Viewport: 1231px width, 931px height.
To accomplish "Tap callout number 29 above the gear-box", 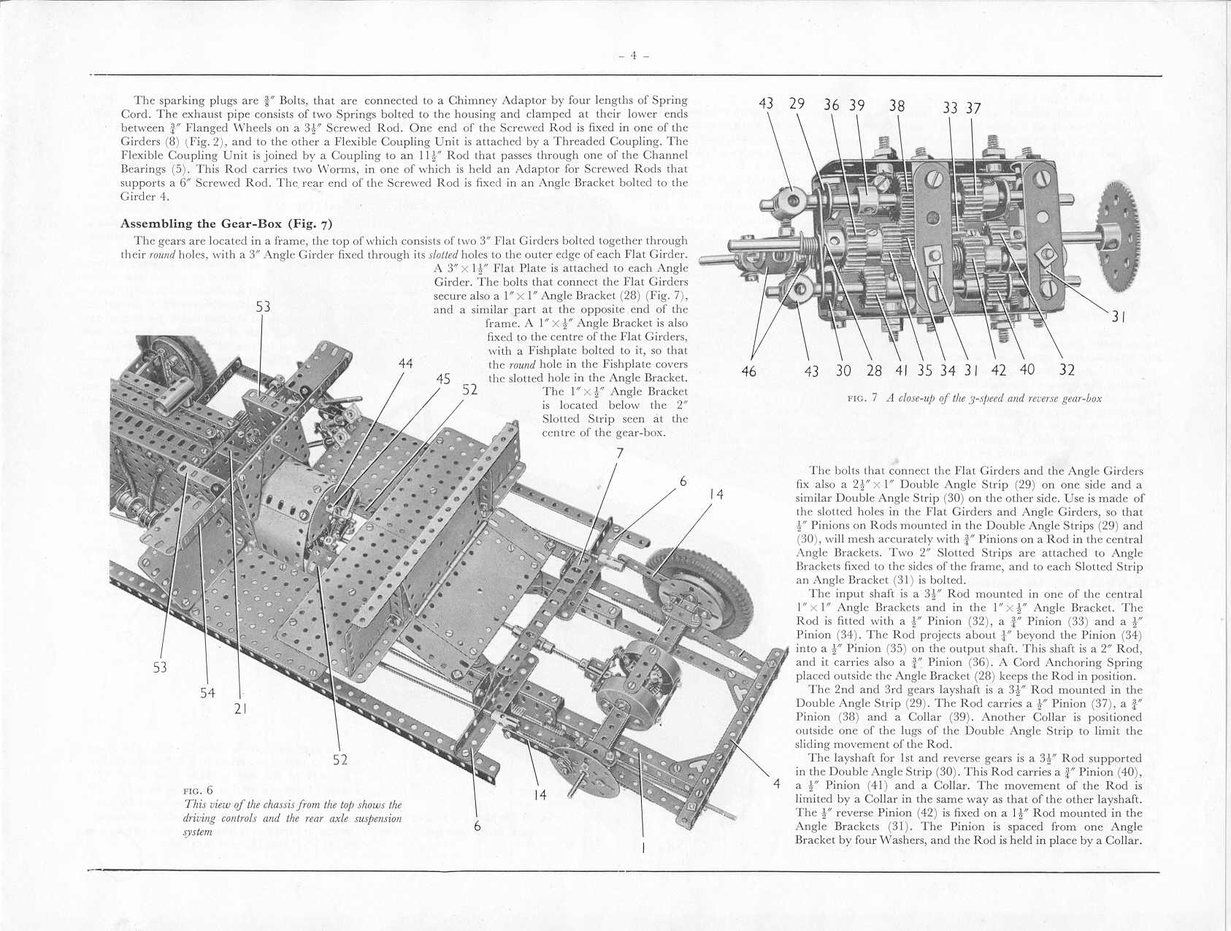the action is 797,103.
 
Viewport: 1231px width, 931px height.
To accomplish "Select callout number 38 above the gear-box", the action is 897,105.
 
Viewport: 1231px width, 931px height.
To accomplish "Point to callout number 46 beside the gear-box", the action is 748,372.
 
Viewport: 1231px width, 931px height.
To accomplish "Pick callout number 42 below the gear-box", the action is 999,369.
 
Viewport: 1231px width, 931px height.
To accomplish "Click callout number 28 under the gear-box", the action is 874,370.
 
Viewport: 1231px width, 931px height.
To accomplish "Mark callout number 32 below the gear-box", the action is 1067,369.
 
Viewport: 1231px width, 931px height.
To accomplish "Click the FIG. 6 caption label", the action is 198,790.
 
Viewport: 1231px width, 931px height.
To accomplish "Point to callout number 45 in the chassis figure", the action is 442,378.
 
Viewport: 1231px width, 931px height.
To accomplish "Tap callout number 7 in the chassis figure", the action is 619,453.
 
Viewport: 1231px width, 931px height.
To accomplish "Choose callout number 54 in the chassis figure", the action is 207,693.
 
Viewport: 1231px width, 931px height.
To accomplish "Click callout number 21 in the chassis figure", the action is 242,708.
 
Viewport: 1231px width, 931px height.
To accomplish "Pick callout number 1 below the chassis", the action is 643,848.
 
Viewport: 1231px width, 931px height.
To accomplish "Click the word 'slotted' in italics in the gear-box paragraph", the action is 443,254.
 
